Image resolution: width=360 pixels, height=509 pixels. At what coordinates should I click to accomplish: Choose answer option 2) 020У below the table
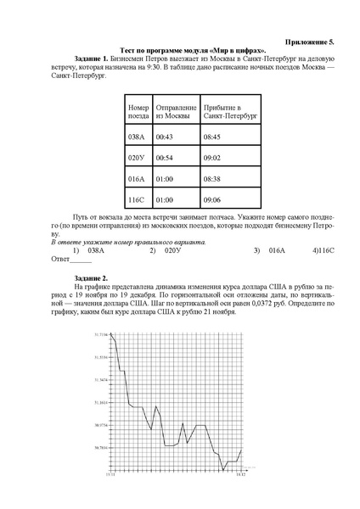[173, 251]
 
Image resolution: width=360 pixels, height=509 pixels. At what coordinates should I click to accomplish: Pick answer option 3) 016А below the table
[277, 251]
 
